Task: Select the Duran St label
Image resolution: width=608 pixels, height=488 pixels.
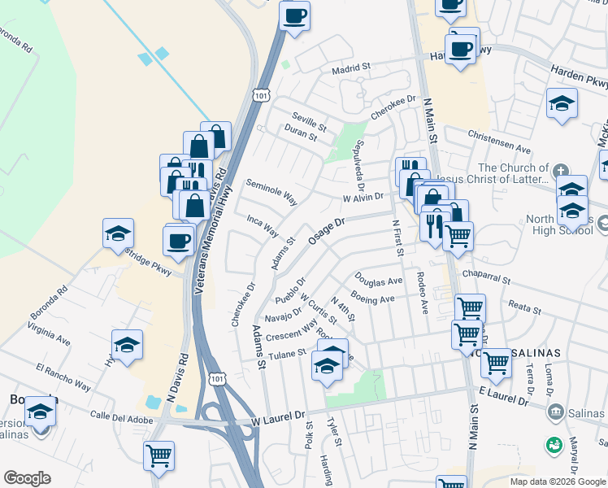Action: (x=300, y=133)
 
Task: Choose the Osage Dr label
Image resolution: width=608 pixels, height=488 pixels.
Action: (x=328, y=227)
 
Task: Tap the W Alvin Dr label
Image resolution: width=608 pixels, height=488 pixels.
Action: (x=363, y=198)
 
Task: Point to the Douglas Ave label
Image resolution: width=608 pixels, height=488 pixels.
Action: (x=378, y=281)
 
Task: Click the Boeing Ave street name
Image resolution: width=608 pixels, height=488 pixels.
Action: (x=372, y=298)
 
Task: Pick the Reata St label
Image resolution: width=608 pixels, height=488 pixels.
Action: (x=524, y=309)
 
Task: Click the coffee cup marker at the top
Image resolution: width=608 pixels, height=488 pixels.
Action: (x=294, y=15)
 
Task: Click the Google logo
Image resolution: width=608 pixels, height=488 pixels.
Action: (x=27, y=477)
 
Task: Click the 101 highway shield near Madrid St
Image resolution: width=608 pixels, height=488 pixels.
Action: (x=260, y=95)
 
